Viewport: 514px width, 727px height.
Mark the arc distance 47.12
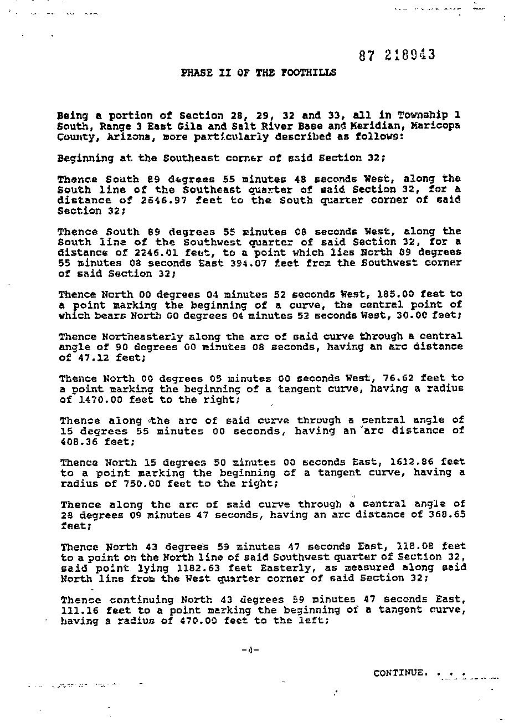click(x=89, y=357)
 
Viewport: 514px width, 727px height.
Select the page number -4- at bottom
click(x=250, y=650)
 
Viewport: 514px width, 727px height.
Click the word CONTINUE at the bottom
click(x=400, y=673)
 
